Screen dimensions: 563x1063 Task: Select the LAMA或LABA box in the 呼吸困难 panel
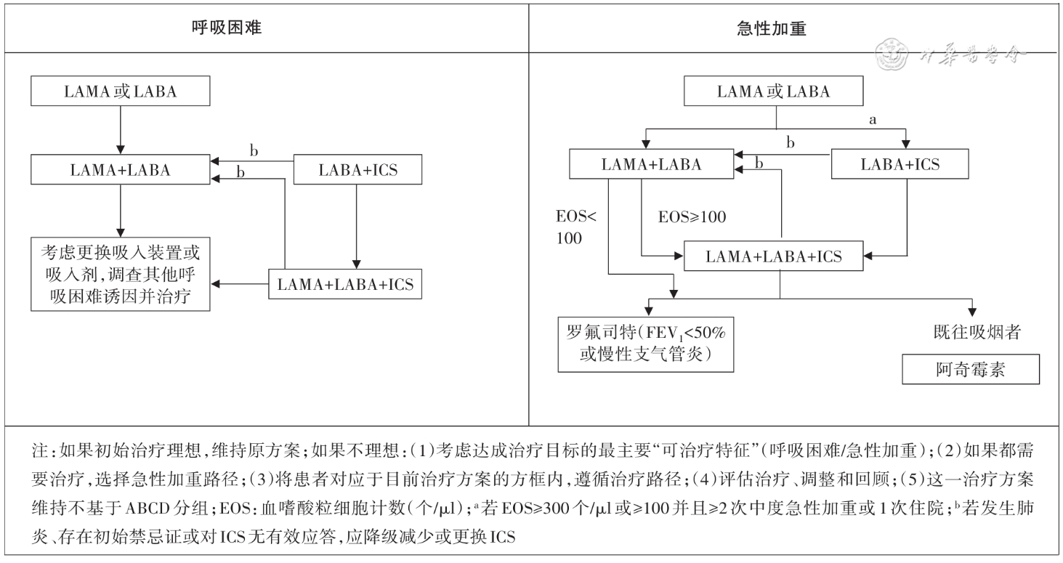pyautogui.click(x=120, y=92)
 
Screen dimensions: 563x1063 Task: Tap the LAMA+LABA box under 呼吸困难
pyautogui.click(x=120, y=170)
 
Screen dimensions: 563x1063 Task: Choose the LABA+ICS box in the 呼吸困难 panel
pyautogui.click(x=359, y=170)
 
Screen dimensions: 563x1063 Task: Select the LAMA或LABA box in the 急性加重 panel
pyautogui.click(x=773, y=92)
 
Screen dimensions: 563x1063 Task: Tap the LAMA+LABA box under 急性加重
pyautogui.click(x=652, y=164)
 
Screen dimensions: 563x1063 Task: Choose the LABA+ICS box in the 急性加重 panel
pyautogui.click(x=900, y=164)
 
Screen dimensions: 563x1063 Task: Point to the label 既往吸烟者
pyautogui.click(x=978, y=333)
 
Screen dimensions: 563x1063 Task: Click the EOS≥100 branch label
pyautogui.click(x=692, y=217)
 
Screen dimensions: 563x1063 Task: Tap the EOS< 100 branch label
pyautogui.click(x=573, y=227)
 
